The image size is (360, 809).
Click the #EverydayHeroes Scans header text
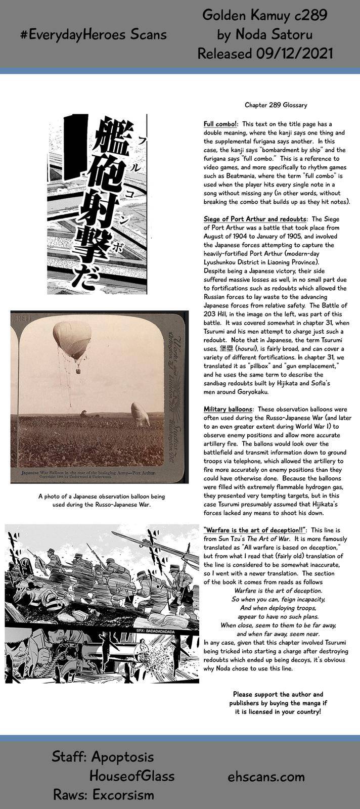coord(94,34)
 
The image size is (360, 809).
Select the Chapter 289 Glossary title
coord(276,105)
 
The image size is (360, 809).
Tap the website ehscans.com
coord(266,776)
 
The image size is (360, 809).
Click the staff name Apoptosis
coord(122,757)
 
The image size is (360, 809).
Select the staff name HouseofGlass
coord(132,776)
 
